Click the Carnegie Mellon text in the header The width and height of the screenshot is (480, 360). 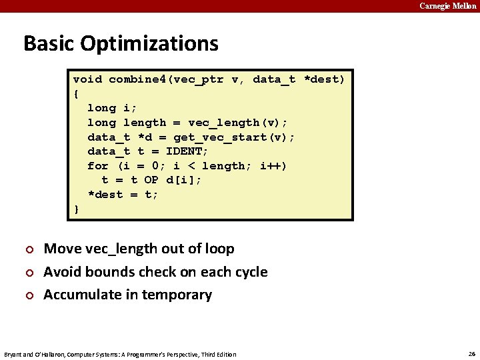click(x=447, y=6)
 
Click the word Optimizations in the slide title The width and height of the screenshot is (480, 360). click(x=149, y=43)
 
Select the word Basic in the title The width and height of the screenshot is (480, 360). click(x=49, y=43)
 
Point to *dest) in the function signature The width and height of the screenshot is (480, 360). click(x=324, y=79)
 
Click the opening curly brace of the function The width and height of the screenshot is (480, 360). click(x=76, y=93)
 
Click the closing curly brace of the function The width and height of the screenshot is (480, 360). click(x=76, y=209)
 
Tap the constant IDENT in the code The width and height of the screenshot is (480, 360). click(x=187, y=151)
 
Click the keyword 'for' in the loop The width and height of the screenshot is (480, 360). click(x=98, y=166)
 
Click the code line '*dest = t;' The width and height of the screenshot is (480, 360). click(x=123, y=195)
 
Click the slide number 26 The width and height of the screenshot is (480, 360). click(x=471, y=353)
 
